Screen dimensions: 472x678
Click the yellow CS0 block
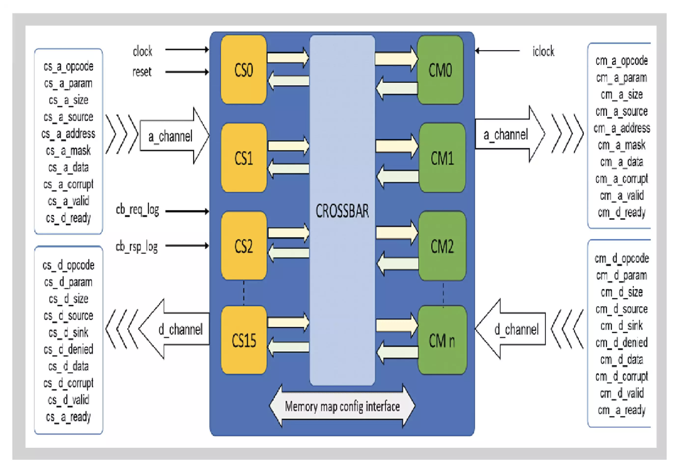pos(244,70)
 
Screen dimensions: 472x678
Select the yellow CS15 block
pos(244,340)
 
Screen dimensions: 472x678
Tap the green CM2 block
pos(442,246)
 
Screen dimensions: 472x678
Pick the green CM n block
pos(442,340)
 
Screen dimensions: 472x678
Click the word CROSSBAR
pos(342,211)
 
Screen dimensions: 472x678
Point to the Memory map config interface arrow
pos(342,406)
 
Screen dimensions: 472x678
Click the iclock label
pos(543,52)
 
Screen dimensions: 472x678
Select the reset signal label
pos(142,72)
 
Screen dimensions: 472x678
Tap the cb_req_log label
pos(137,210)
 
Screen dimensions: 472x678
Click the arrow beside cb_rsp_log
pos(187,246)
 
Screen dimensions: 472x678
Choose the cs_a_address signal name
pos(68,134)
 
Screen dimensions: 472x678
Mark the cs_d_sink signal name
pos(68,332)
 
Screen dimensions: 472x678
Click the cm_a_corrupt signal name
pos(621,179)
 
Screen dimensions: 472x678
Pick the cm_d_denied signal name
pos(621,343)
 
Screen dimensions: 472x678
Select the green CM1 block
pos(442,158)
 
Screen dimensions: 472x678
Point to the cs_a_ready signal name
pos(68,417)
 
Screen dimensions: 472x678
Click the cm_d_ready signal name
pos(621,212)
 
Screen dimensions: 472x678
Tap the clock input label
pos(142,51)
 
